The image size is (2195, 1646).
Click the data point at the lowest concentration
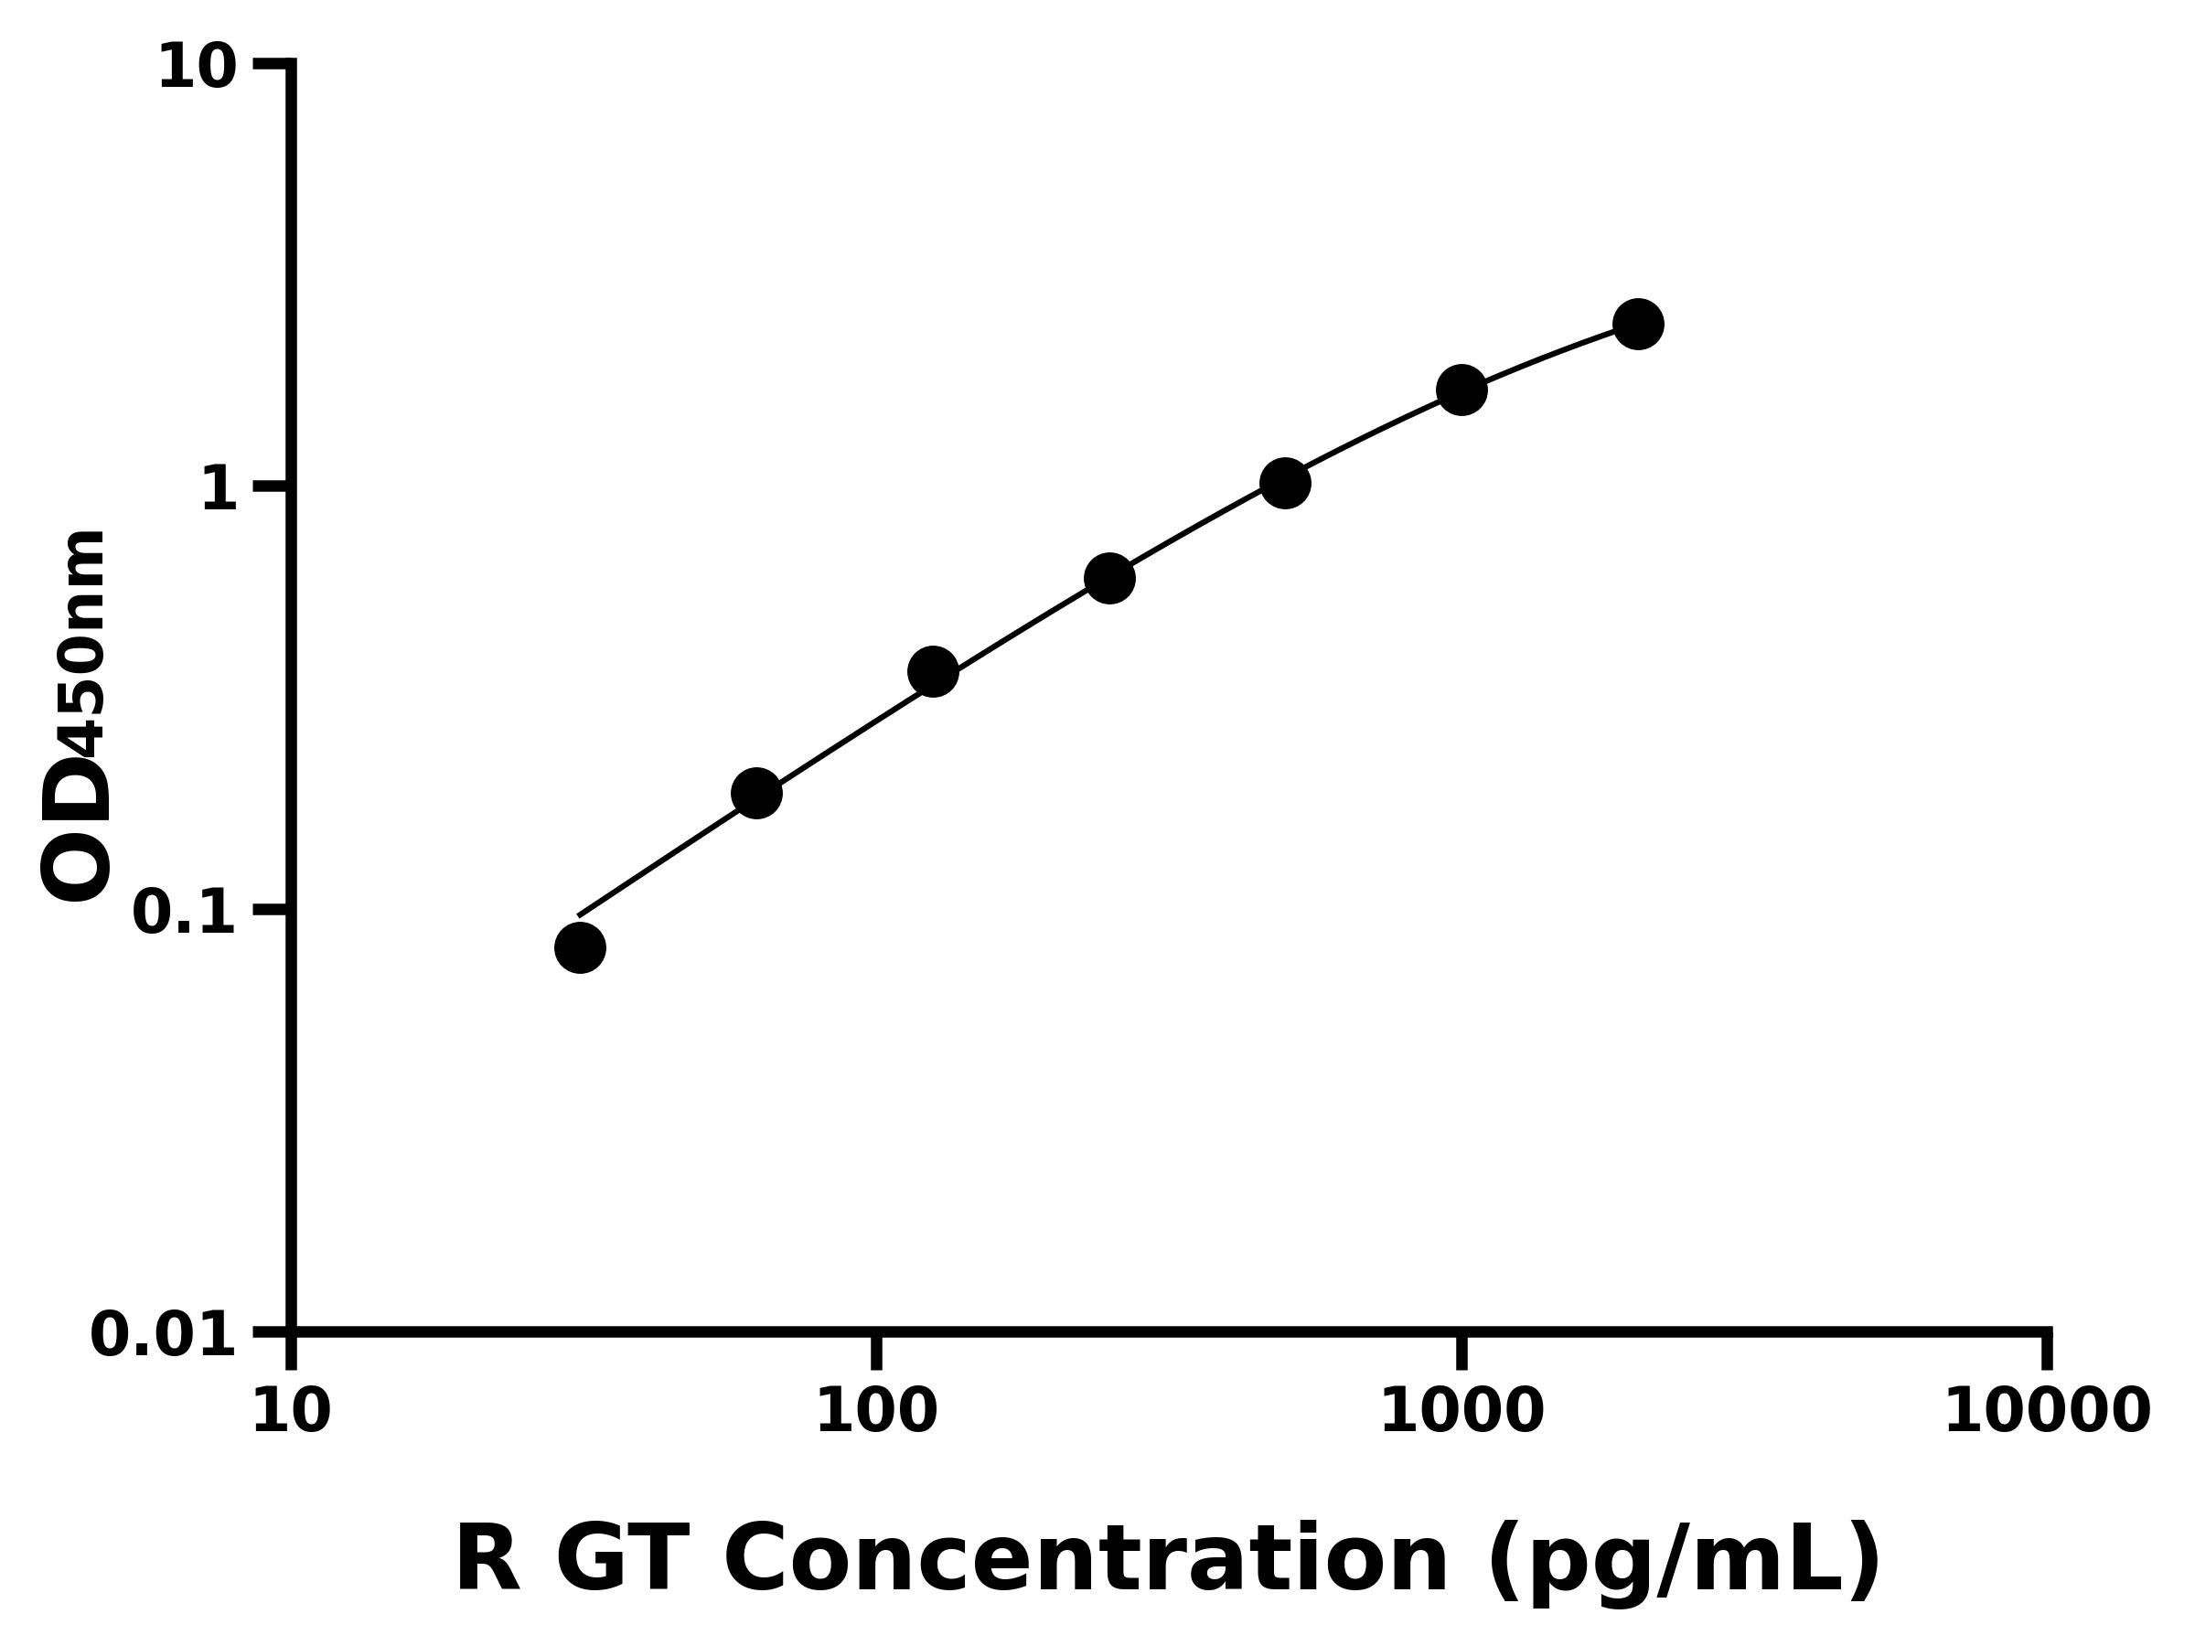[580, 947]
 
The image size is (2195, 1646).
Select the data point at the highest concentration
[1638, 324]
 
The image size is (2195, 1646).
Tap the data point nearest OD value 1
[1285, 483]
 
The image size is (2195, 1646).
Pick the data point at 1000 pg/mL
[1462, 389]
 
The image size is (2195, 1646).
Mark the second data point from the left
[756, 793]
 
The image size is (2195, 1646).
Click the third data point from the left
[933, 673]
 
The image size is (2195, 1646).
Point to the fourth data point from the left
[1109, 579]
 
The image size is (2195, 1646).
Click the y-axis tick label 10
[198, 69]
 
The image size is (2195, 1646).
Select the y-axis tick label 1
[219, 490]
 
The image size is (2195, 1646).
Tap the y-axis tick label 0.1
[185, 912]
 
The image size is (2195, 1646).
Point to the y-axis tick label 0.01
[164, 1334]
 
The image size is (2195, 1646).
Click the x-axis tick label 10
[291, 1412]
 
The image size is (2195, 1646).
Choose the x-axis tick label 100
[876, 1412]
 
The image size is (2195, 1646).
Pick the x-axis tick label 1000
[1462, 1412]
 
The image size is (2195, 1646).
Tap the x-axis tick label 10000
[2046, 1412]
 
